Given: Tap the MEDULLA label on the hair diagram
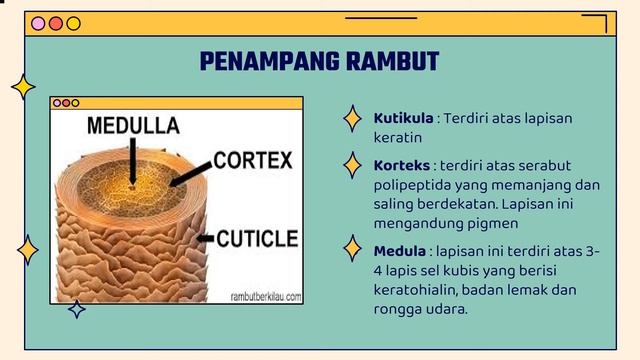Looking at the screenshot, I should (x=133, y=126).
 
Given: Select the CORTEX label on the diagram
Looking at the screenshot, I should (x=252, y=160).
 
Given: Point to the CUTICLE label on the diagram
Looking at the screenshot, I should (x=257, y=239).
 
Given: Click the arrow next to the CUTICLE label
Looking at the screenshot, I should (x=205, y=239).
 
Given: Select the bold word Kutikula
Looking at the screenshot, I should (x=403, y=118).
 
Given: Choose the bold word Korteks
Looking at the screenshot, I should (x=402, y=165).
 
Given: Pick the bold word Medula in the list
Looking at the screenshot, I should (x=398, y=249).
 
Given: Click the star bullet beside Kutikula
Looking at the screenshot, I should (x=352, y=119).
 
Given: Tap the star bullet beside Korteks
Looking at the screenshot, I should (x=352, y=164).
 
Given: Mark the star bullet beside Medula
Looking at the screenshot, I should (x=352, y=248).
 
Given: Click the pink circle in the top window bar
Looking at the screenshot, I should (x=39, y=23).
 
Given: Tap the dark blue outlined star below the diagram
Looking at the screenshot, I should (x=76, y=309).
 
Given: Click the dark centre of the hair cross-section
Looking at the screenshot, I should (x=130, y=184).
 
